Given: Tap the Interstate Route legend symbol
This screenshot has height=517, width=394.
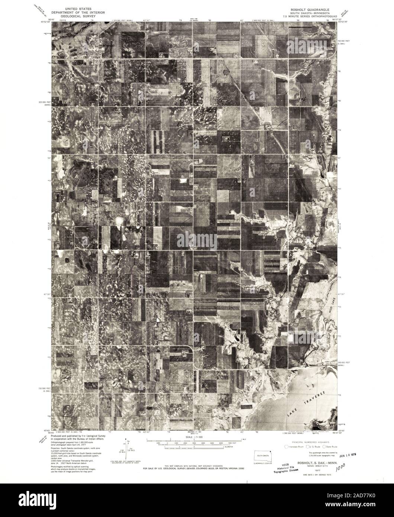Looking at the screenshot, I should point(286,446).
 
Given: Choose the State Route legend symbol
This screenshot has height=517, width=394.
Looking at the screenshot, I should point(324,446).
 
